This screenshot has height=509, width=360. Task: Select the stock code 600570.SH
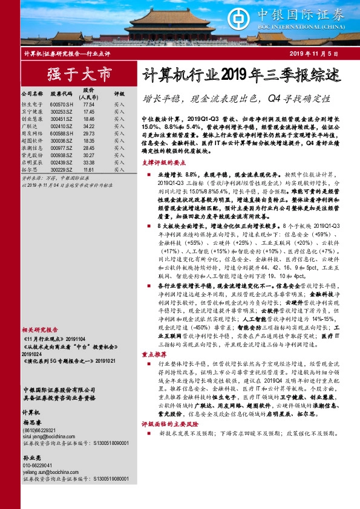click(x=61, y=104)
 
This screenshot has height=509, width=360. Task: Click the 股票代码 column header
click(x=61, y=94)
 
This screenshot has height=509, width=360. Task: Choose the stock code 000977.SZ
click(x=61, y=148)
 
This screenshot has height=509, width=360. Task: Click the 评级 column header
click(x=119, y=94)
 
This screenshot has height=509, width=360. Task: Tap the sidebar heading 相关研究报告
click(x=40, y=330)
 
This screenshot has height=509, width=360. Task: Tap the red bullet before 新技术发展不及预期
click(x=148, y=434)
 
